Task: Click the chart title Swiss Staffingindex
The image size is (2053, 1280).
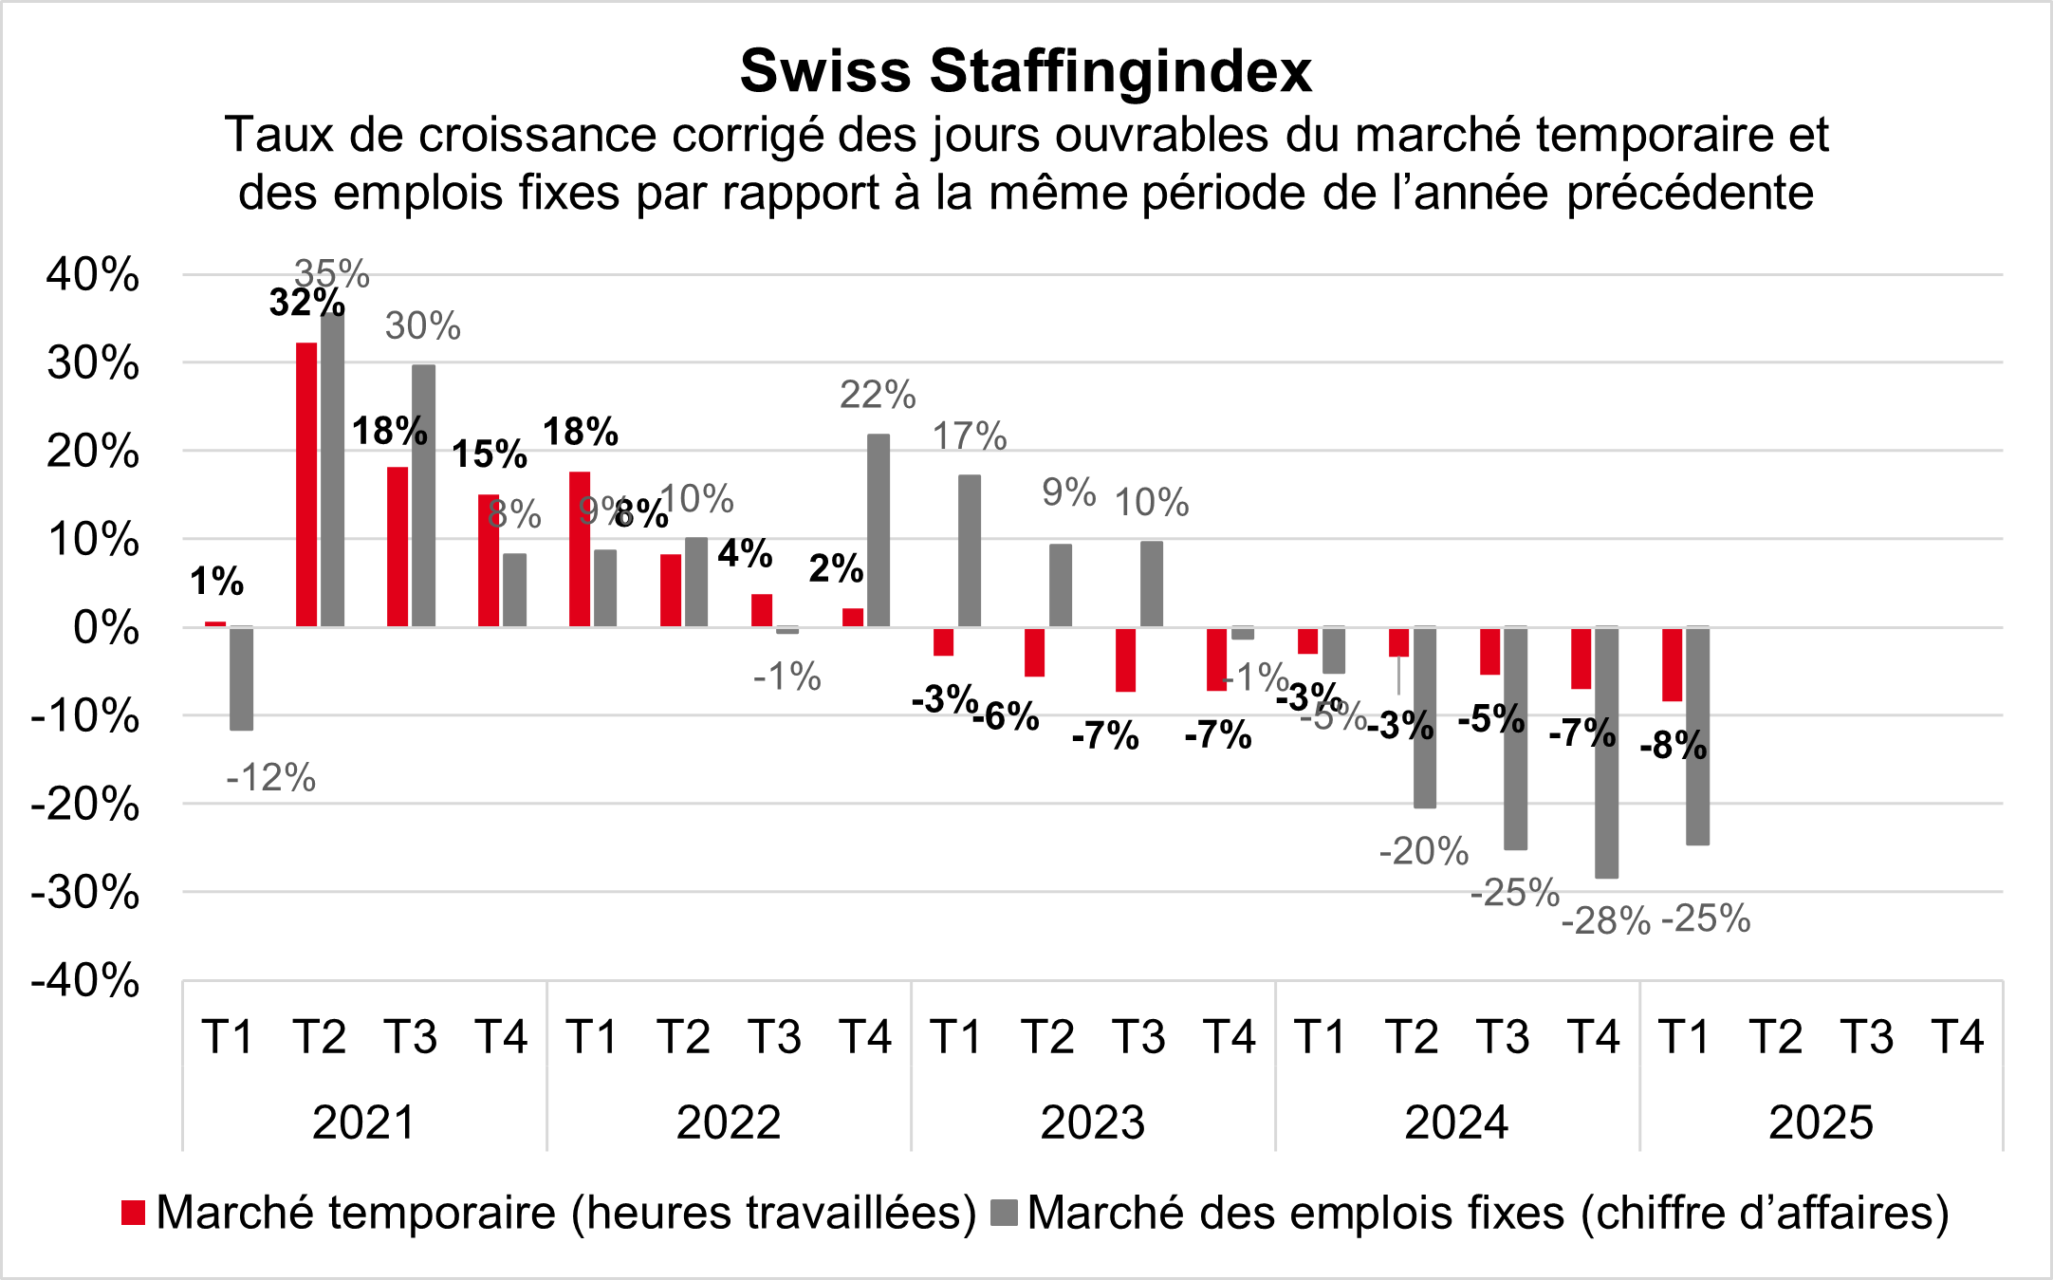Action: tap(1026, 71)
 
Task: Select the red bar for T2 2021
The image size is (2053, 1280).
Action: tap(306, 484)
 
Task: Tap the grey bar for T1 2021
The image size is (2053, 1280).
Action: tap(242, 678)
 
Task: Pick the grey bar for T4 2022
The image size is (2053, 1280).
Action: tap(879, 530)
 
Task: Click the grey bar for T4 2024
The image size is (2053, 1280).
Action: tap(1607, 751)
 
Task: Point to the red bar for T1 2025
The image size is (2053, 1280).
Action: tap(1672, 664)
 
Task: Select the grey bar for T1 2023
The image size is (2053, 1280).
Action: tap(970, 550)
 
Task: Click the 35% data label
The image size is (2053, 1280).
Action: tap(331, 273)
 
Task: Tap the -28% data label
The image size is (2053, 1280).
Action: tap(1606, 921)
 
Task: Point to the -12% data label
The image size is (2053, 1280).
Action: tap(270, 778)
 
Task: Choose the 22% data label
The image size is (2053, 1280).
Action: tap(878, 395)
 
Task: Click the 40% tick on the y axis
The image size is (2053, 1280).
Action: tap(93, 275)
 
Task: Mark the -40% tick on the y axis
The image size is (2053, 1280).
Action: tap(85, 980)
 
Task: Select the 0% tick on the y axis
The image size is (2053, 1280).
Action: tap(106, 628)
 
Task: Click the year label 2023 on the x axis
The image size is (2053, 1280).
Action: tap(1093, 1122)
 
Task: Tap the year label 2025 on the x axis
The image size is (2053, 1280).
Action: tap(1821, 1122)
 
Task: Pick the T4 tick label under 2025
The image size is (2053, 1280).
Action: tap(1958, 1036)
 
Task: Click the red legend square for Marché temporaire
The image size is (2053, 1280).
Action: tap(134, 1213)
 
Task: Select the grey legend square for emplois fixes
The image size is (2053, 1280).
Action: tap(1004, 1213)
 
